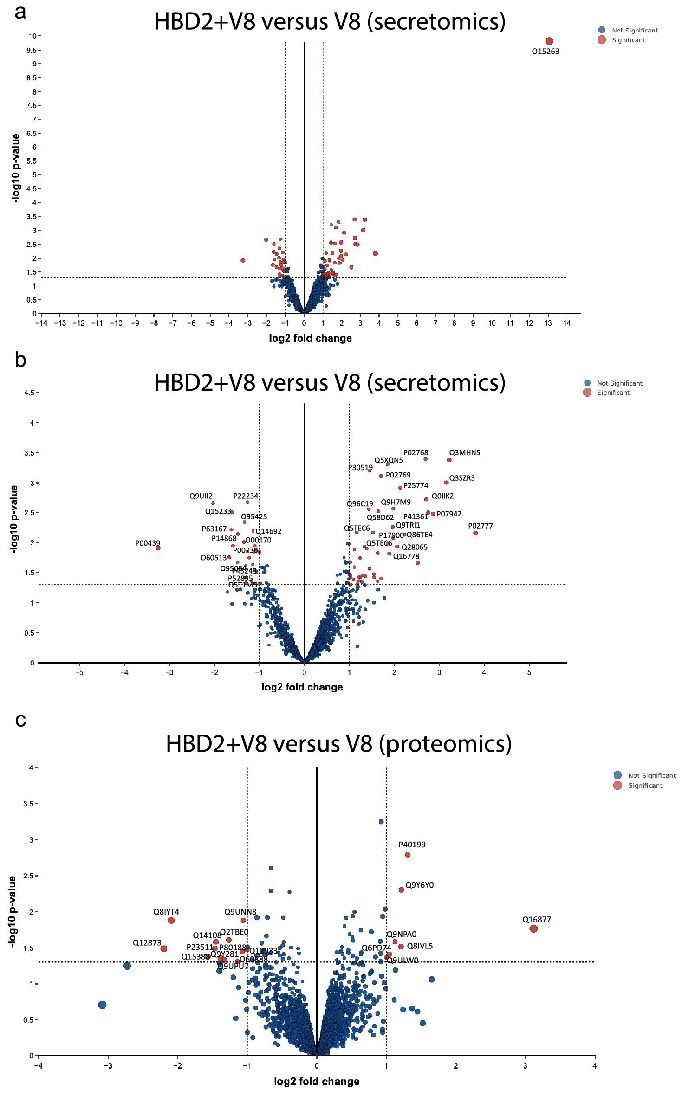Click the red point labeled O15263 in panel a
point(549,41)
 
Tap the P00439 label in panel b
point(148,543)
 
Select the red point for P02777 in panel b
point(475,533)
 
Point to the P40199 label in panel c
point(412,845)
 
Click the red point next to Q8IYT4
point(171,920)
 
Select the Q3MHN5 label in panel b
point(464,452)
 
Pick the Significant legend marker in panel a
point(602,40)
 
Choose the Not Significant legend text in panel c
point(652,775)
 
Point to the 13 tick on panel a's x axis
point(548,323)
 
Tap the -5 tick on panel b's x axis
point(79,672)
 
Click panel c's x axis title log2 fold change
point(317,1081)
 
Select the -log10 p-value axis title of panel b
point(14,519)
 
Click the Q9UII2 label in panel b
point(201,496)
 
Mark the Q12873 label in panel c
point(147,942)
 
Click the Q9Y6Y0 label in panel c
point(419,885)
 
